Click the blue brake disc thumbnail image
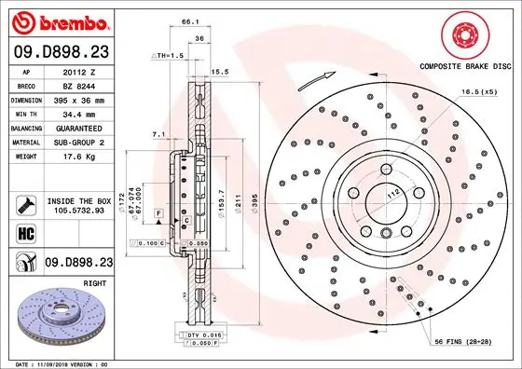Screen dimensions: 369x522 click(x=57, y=321)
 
